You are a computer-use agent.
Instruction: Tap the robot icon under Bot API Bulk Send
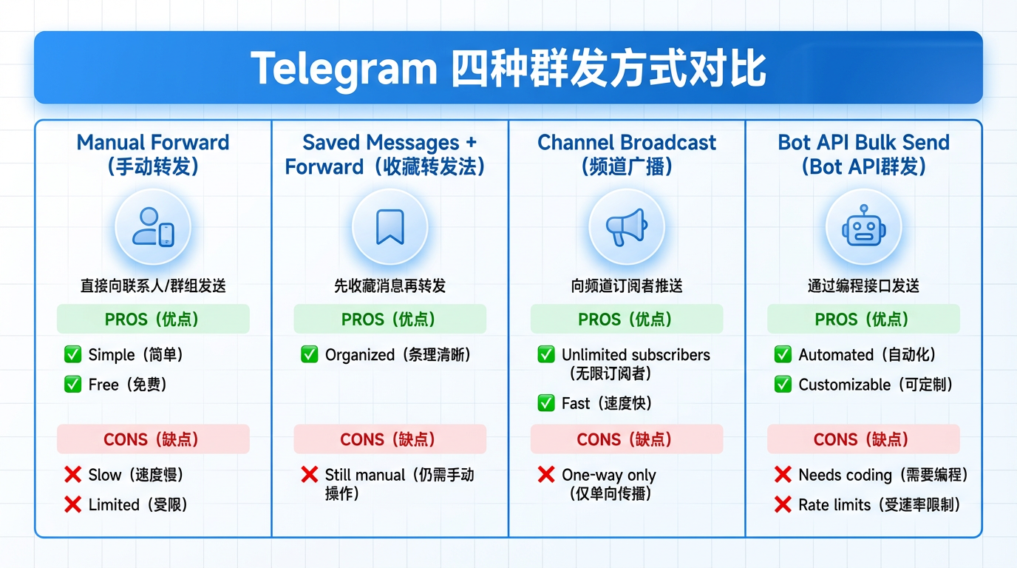(863, 227)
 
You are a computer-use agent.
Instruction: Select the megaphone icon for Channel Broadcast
(626, 227)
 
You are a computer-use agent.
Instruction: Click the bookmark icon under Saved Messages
(390, 227)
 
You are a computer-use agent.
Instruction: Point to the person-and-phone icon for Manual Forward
(153, 227)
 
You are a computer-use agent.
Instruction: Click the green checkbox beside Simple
(72, 355)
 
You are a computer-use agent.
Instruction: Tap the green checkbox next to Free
(72, 385)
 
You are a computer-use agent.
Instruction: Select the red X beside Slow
(72, 475)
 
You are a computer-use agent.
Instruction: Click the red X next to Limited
(72, 505)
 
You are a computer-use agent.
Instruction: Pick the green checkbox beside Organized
(310, 355)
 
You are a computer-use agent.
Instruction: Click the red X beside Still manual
(310, 475)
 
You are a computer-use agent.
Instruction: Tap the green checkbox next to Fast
(546, 403)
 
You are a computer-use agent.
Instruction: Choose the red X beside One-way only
(546, 475)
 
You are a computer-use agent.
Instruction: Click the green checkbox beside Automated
(783, 355)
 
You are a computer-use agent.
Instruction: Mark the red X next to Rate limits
(783, 505)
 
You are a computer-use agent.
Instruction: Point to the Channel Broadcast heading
(627, 143)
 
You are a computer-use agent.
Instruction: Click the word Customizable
(844, 385)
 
